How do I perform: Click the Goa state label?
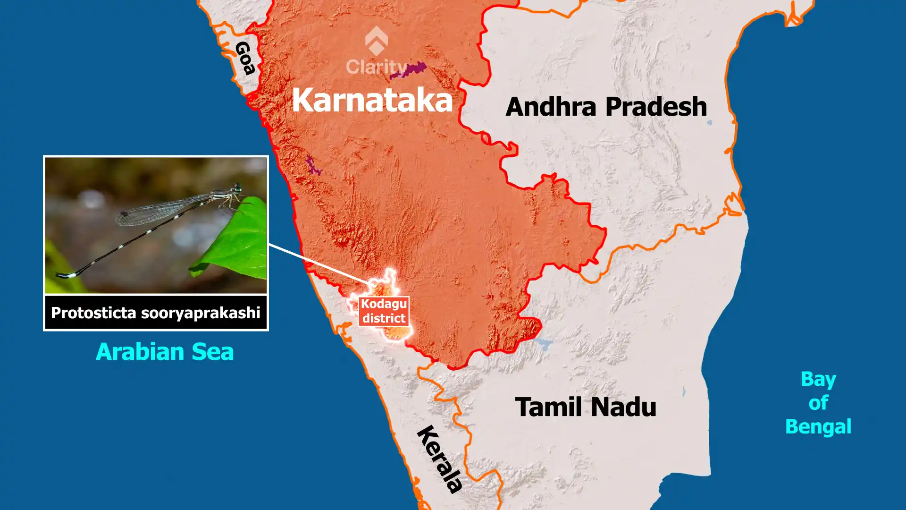tap(245, 58)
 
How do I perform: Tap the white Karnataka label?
tap(372, 100)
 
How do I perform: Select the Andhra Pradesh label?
tap(606, 107)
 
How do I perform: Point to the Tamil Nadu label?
tap(586, 407)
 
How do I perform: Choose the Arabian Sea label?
tap(165, 352)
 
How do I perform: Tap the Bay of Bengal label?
tap(818, 403)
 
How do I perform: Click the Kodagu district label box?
tap(384, 311)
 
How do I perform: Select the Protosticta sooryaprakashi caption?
tap(156, 313)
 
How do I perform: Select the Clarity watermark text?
tap(376, 67)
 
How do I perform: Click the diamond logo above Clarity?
tap(376, 41)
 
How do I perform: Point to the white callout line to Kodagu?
tap(319, 264)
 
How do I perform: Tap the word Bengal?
tap(818, 426)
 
